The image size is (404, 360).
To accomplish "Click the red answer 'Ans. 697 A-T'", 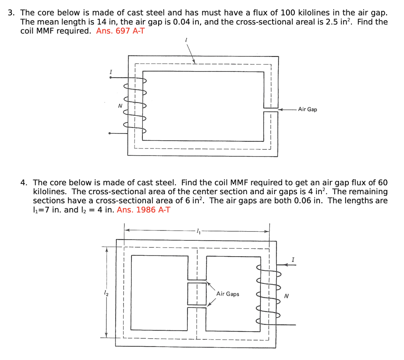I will point(120,31).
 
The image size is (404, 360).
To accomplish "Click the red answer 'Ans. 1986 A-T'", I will point(144,210).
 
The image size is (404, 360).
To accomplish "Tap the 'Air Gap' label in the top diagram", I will point(307,109).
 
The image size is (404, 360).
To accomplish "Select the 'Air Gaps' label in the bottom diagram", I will point(228,294).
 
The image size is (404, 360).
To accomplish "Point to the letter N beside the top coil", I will point(120,106).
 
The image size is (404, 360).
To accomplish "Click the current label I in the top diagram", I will point(111,72).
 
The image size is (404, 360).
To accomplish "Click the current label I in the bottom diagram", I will point(293,259).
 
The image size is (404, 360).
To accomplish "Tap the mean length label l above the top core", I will point(186,40).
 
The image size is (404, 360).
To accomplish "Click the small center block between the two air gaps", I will point(197,294).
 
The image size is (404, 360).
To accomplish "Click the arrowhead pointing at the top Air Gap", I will point(280,109).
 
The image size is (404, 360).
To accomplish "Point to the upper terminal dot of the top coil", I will point(110,78).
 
